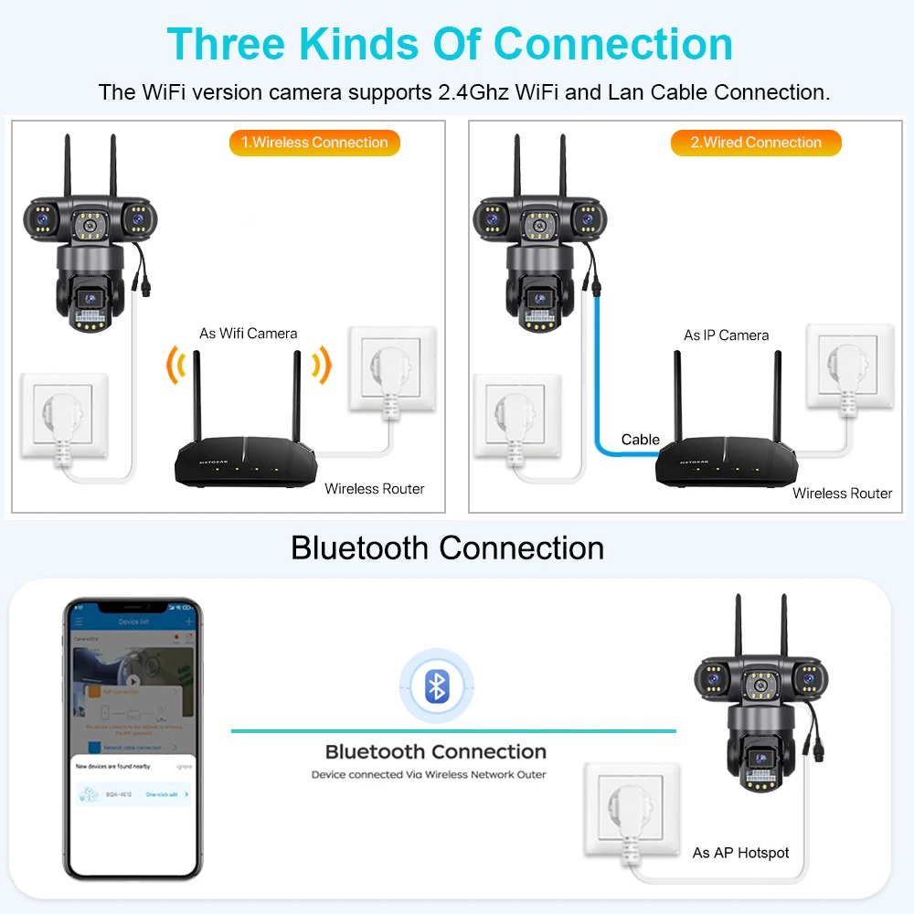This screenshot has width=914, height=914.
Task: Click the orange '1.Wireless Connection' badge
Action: click(314, 143)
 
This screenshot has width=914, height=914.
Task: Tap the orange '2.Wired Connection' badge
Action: click(755, 143)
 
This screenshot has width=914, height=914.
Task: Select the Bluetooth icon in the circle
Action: click(437, 685)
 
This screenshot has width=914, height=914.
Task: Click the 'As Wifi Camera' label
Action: click(248, 333)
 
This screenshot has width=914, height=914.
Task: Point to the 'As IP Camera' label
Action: click(726, 335)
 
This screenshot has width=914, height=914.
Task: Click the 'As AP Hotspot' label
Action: click(740, 853)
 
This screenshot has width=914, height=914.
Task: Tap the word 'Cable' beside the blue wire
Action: click(640, 440)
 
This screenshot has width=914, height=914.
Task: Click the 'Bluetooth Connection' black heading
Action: click(447, 548)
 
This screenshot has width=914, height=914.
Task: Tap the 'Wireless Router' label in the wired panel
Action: click(842, 494)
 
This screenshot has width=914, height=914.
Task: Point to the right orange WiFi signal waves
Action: click(320, 366)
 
